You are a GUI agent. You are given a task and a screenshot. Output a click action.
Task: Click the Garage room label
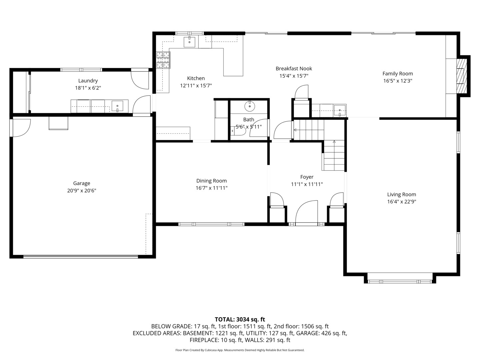click(x=82, y=183)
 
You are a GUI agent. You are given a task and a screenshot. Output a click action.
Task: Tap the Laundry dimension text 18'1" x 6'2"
click(x=88, y=88)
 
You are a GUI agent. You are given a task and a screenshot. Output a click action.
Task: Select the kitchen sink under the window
click(x=189, y=42)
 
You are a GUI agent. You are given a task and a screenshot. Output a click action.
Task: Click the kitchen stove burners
click(x=163, y=60)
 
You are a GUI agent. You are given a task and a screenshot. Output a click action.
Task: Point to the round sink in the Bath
click(x=250, y=106)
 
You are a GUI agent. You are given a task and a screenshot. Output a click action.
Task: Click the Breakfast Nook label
click(x=294, y=69)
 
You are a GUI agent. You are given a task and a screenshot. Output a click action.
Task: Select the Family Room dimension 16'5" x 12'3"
click(x=398, y=81)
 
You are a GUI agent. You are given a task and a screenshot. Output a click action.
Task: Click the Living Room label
click(x=401, y=194)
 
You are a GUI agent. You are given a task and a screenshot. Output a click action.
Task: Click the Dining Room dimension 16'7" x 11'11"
click(x=211, y=188)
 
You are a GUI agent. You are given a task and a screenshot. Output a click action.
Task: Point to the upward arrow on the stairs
click(x=334, y=142)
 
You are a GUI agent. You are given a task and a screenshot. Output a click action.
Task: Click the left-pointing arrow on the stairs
click(x=295, y=130)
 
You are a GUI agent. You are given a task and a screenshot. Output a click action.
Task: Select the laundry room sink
click(x=117, y=106)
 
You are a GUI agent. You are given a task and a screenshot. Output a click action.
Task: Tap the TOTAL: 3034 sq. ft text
click(x=240, y=319)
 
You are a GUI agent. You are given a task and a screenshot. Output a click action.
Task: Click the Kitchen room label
click(x=196, y=78)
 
